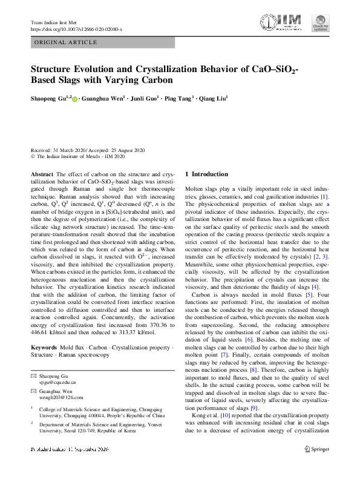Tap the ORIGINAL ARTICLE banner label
click(67, 42)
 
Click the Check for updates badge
click(320, 23)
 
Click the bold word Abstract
click(41, 174)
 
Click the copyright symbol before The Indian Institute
click(33, 156)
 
